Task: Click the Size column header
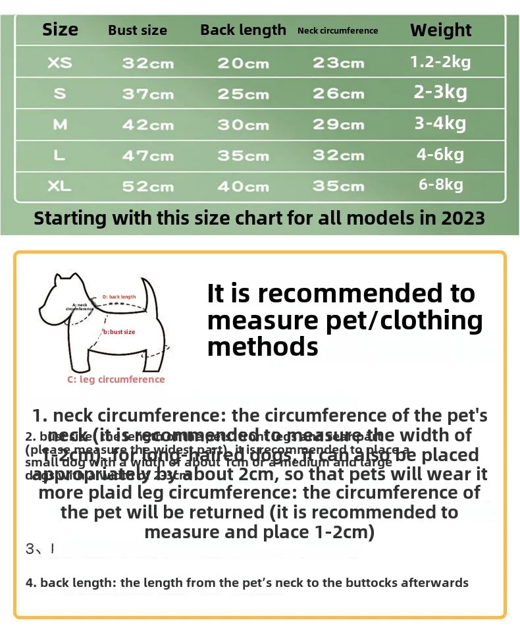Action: (x=60, y=30)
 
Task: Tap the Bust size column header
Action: (x=138, y=30)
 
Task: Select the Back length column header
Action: (x=243, y=30)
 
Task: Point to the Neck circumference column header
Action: (x=338, y=30)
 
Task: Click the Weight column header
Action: (x=440, y=30)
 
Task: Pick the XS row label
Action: (x=60, y=63)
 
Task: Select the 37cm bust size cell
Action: (x=147, y=94)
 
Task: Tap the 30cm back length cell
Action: (x=243, y=125)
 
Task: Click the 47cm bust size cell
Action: (x=147, y=156)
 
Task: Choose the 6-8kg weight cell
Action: (x=440, y=184)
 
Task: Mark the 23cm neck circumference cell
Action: (x=338, y=63)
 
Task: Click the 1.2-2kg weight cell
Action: (x=440, y=62)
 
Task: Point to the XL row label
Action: (x=60, y=186)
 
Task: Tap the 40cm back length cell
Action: (x=243, y=186)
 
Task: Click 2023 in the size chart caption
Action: (x=461, y=218)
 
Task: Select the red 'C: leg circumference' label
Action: (x=116, y=379)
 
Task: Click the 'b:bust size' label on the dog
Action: (x=119, y=332)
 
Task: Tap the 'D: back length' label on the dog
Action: (x=119, y=297)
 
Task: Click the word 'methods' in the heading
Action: (x=263, y=346)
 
